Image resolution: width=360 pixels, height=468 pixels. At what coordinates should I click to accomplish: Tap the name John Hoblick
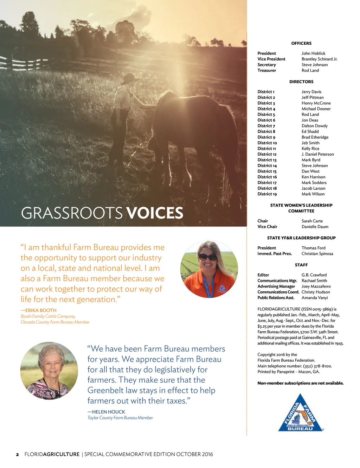point(313,53)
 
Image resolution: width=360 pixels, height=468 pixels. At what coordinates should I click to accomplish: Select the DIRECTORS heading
point(301,82)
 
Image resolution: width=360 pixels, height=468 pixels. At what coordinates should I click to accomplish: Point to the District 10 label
point(267,143)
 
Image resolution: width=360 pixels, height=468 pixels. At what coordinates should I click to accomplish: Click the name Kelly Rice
point(310,148)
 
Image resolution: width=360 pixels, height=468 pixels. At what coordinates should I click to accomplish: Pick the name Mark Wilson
point(313,194)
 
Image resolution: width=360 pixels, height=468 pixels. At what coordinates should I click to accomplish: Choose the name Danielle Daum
point(315,227)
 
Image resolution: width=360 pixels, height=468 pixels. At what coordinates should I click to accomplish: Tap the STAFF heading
point(301,265)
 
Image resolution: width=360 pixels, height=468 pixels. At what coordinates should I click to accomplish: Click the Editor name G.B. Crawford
point(314,275)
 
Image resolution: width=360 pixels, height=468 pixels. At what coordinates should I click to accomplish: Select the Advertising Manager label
point(276,286)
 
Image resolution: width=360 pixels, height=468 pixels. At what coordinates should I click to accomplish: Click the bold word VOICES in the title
point(155,213)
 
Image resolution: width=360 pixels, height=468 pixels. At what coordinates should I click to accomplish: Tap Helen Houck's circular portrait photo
point(49,371)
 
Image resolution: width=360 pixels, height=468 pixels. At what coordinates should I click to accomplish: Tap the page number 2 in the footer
point(17,454)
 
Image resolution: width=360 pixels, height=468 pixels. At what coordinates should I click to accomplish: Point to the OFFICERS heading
point(301,43)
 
